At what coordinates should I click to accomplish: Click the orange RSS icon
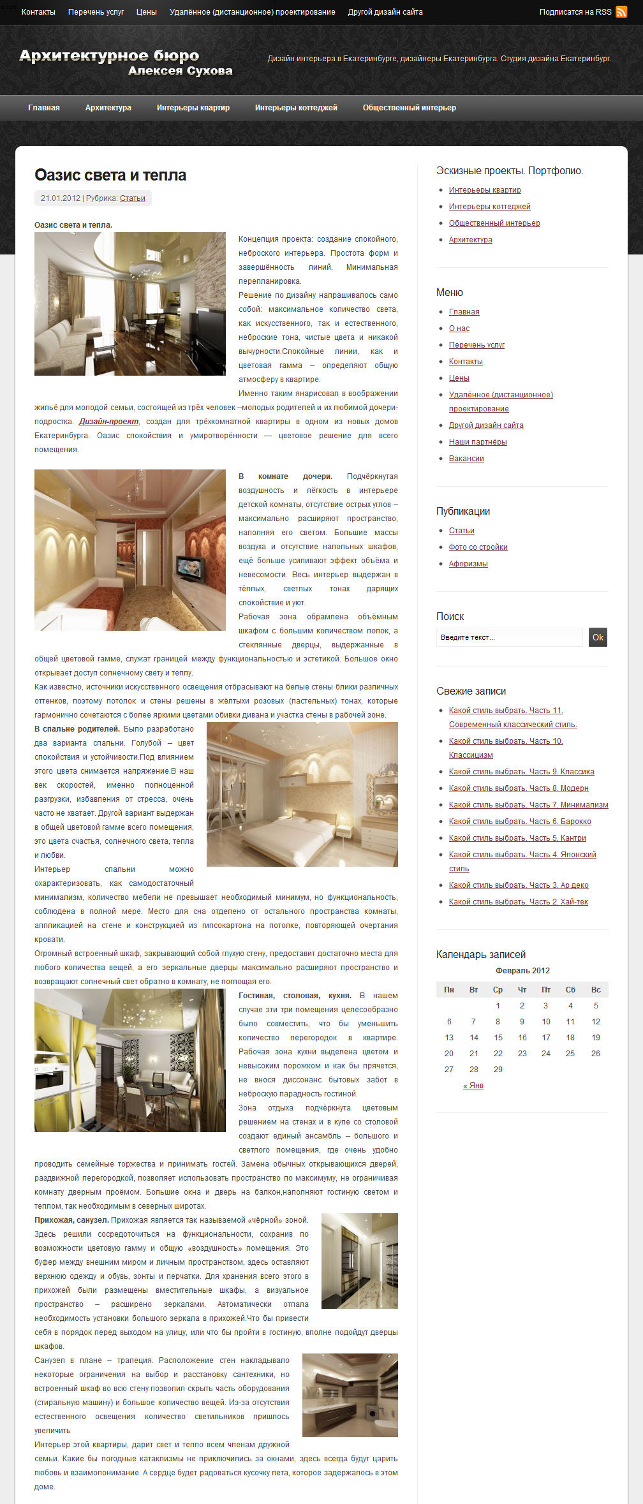point(621,12)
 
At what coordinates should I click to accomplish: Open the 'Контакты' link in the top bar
point(38,12)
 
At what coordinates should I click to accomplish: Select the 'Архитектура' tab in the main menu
point(108,108)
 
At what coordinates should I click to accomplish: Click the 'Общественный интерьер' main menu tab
point(410,108)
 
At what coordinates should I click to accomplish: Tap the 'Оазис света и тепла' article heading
point(110,175)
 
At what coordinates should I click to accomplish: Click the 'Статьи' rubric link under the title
point(133,198)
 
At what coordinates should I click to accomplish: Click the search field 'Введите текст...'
point(509,637)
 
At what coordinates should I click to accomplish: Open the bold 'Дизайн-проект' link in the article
point(108,422)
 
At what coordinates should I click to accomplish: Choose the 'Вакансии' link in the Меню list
point(466,459)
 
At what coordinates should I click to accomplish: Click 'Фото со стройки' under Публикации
point(478,547)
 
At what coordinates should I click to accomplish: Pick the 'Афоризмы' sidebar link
point(468,564)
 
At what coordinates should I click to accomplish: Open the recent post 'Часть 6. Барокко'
point(520,822)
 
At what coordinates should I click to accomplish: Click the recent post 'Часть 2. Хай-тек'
point(518,902)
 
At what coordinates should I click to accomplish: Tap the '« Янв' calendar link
point(473,1086)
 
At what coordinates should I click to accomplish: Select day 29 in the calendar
point(498,1070)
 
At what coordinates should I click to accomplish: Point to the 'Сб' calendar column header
point(570,990)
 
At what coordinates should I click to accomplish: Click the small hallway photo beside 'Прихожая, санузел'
point(359,1261)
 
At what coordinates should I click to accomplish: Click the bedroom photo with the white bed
point(302,794)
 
